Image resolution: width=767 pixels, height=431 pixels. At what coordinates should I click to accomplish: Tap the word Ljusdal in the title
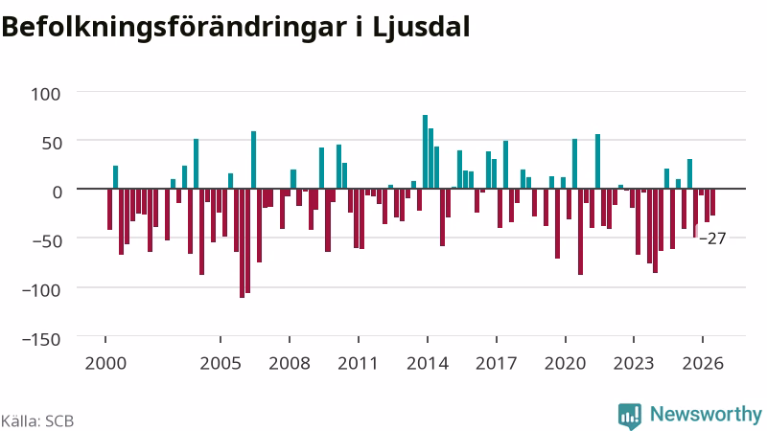coord(421,28)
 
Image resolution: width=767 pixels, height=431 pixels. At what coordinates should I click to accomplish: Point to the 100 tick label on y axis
coord(45,94)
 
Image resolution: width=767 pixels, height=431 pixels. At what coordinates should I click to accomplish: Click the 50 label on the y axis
coord(51,143)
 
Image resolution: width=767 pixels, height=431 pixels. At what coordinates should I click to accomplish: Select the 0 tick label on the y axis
coord(58,193)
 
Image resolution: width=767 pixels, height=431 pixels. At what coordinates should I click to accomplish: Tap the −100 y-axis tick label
coord(41,290)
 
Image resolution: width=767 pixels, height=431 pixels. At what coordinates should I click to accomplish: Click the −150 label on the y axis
coord(41,339)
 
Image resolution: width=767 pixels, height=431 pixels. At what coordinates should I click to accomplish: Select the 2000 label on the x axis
coord(105,364)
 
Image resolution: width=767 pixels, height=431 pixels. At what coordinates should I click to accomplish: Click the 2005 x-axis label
coord(221,364)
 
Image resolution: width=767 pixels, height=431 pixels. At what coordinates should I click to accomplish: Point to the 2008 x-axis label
coord(290,364)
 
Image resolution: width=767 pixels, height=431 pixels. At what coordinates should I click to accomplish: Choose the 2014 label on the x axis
coord(428,364)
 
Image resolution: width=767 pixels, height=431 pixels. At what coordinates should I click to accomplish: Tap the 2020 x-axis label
coord(565,364)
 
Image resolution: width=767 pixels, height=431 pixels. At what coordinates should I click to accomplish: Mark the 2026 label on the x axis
coord(703,364)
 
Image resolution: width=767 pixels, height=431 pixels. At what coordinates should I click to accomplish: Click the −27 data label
coord(712,238)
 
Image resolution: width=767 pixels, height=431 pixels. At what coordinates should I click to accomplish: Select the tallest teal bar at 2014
coord(425,151)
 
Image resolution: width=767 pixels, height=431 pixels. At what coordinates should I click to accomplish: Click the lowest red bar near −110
coord(243,243)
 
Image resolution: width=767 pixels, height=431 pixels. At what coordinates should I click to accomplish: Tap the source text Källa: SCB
coord(37,421)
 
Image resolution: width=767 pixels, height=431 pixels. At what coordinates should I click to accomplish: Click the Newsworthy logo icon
coord(630,417)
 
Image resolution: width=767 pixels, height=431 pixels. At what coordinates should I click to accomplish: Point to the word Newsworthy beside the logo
coord(706,415)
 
